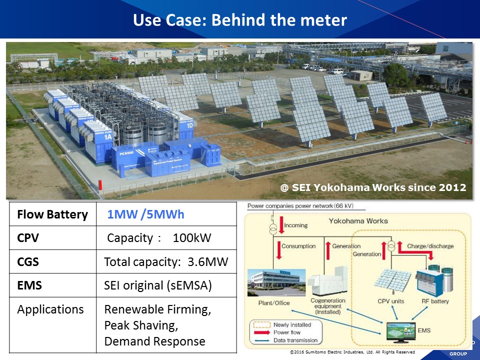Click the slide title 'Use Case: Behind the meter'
coord(240,20)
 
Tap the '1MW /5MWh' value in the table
coord(145,214)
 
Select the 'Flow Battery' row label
coord(52,215)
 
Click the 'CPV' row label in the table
coord(28,238)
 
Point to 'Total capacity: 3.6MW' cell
coord(166,261)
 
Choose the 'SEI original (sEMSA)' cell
coord(157,285)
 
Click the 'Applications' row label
coord(50,309)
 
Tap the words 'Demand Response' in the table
coord(154,341)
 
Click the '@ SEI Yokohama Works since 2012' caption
coord(373,188)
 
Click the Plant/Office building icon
coord(274,282)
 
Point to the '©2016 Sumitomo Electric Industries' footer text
coord(352,352)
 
